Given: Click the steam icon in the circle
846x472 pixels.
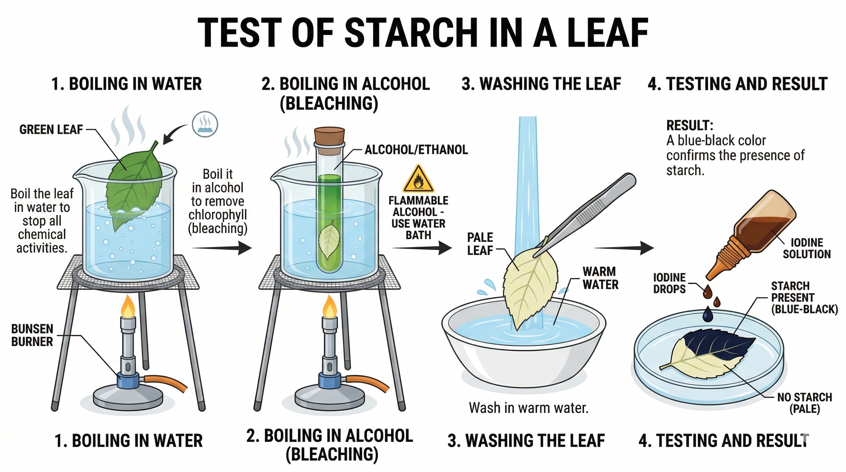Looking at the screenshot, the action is (x=205, y=124).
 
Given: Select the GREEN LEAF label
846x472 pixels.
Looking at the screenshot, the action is (x=51, y=130).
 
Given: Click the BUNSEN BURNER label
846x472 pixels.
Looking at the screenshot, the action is (x=32, y=335).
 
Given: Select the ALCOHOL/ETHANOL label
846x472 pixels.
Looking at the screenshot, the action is (x=417, y=150).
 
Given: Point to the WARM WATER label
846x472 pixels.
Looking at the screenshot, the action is (x=600, y=278).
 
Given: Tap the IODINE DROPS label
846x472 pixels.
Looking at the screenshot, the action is (x=669, y=283).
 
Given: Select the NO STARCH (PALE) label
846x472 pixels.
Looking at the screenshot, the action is (x=804, y=403).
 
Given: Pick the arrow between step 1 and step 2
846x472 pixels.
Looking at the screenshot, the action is (x=221, y=248).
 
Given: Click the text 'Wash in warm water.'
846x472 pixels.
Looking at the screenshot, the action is (x=528, y=408).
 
